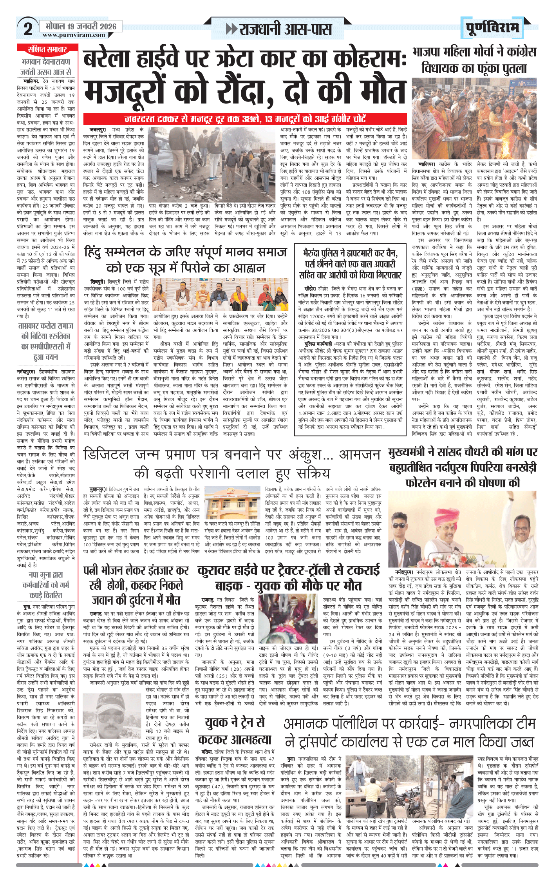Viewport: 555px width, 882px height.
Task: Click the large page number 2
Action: point(28,29)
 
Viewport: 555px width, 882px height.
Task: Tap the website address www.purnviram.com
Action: point(74,35)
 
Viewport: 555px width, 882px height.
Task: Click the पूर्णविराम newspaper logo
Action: point(493,28)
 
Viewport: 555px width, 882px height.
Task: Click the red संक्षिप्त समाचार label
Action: point(47,49)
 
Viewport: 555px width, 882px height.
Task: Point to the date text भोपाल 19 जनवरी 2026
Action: point(81,26)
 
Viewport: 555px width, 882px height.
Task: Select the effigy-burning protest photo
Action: point(474,118)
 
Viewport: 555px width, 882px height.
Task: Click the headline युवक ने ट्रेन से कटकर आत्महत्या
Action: point(235,731)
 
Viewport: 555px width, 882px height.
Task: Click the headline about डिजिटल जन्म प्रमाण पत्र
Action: point(231,464)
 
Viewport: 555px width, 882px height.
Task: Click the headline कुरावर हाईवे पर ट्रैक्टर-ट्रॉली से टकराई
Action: point(289,578)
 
